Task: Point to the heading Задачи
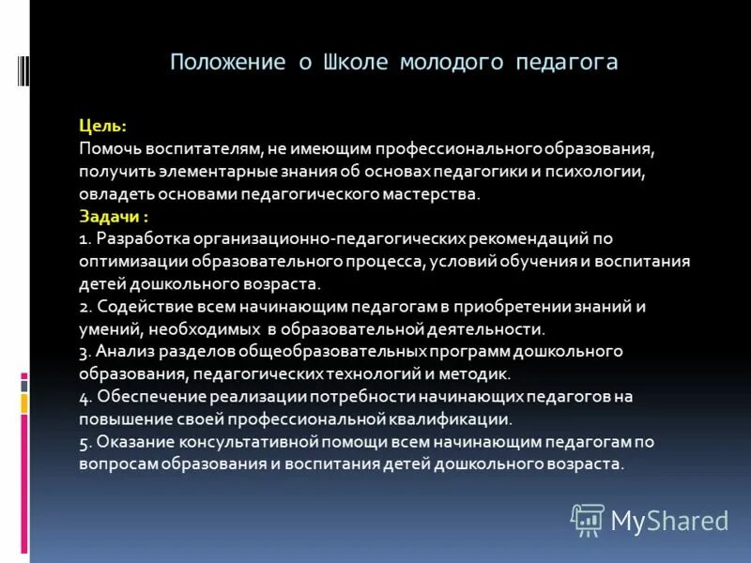[111, 216]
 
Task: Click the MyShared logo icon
[588, 520]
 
